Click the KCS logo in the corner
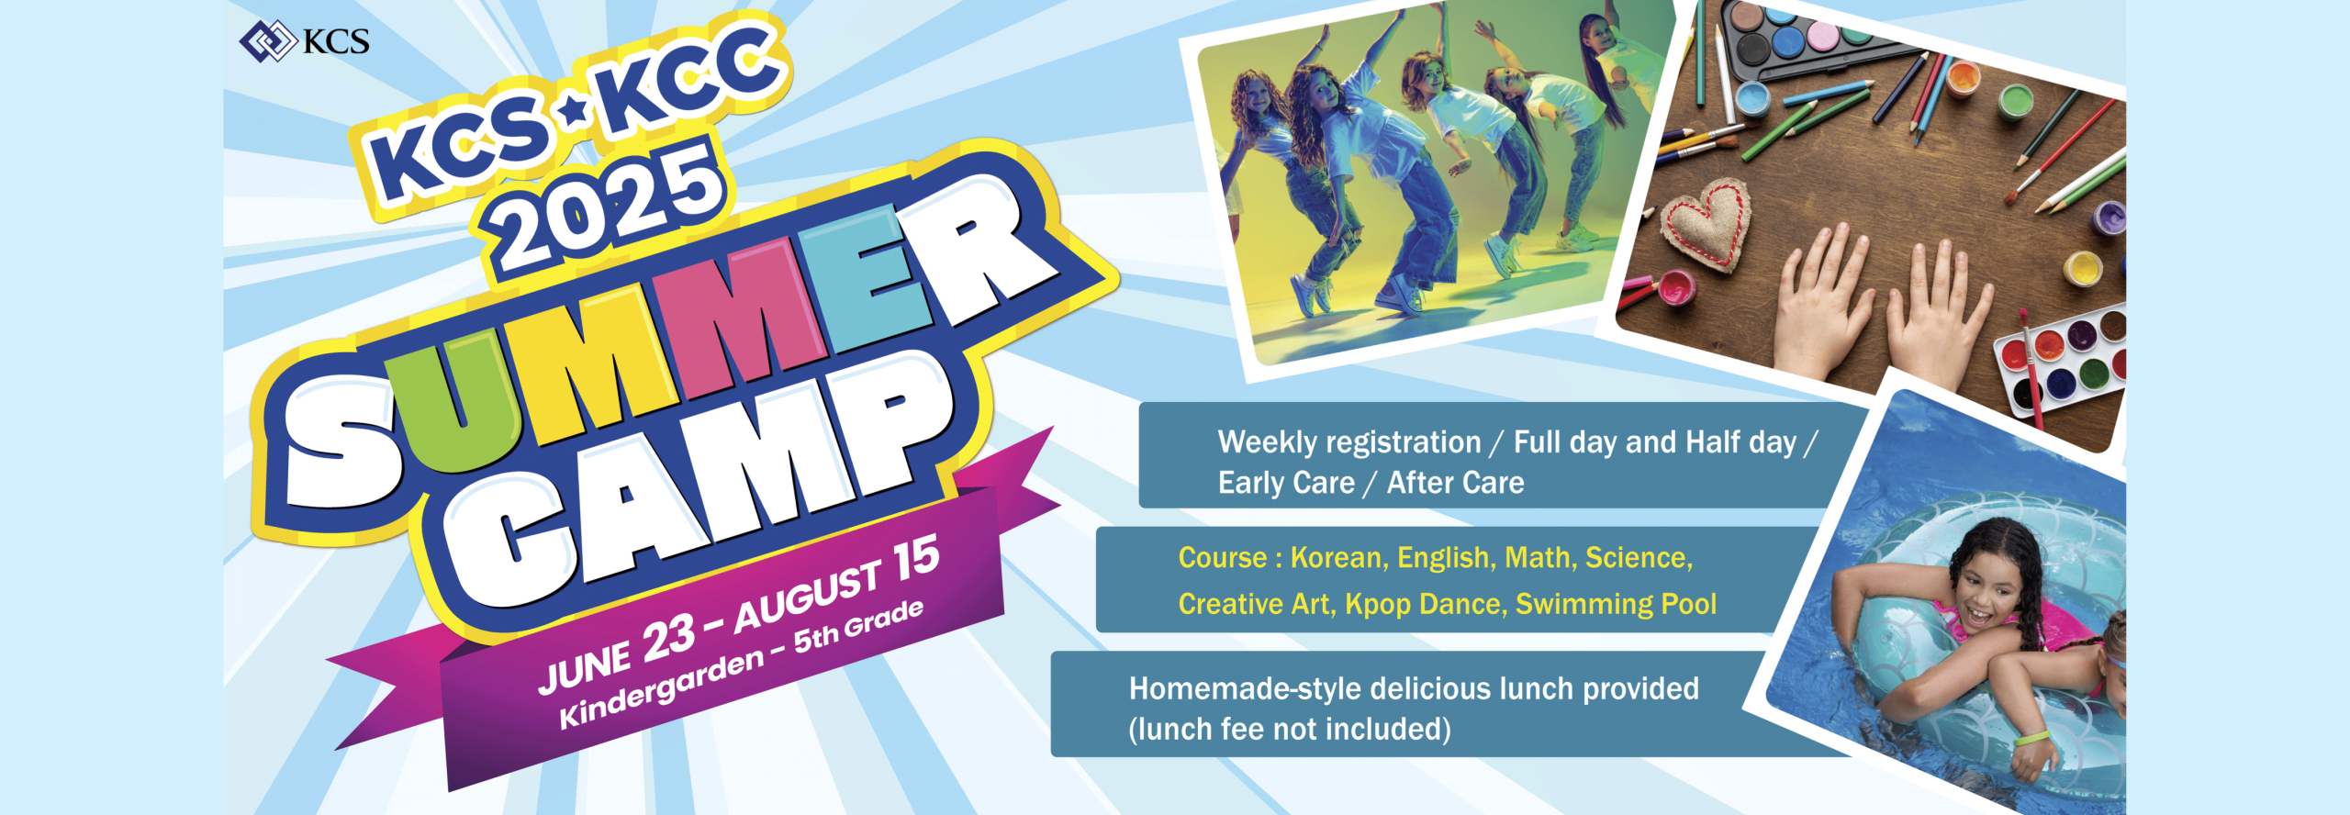click(304, 41)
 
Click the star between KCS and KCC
click(575, 113)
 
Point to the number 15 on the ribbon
click(916, 559)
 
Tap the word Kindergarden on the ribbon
click(662, 687)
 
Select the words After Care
click(1455, 483)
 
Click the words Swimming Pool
click(1616, 604)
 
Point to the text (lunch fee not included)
click(1290, 729)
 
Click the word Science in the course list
click(1639, 558)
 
